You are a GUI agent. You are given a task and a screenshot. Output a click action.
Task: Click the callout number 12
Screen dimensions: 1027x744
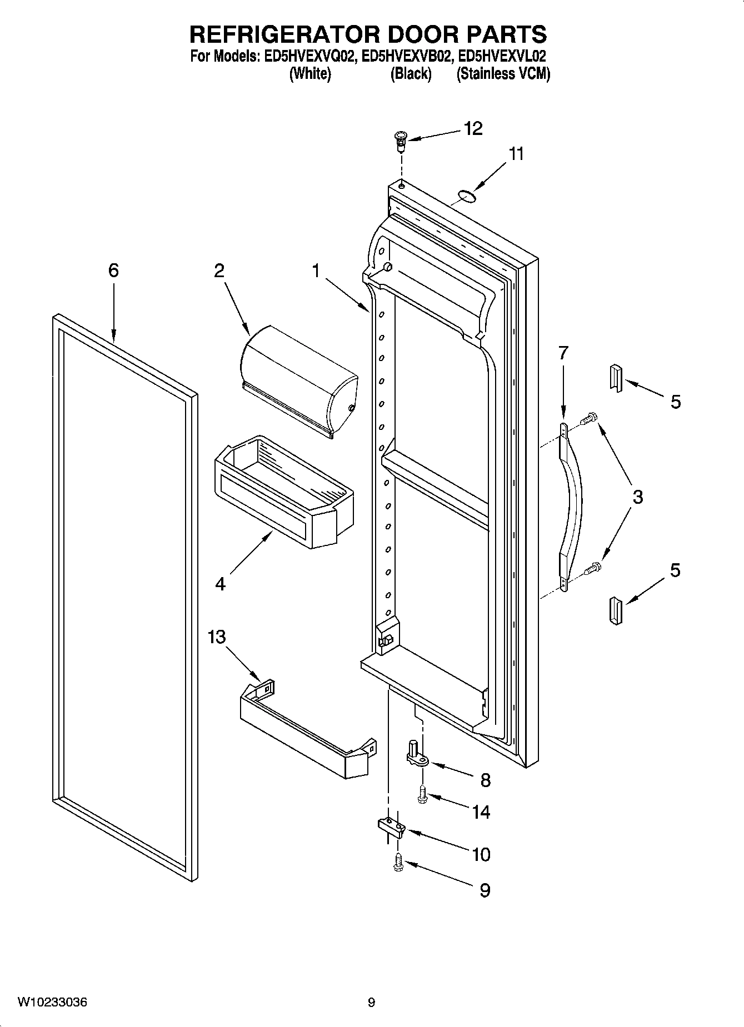click(473, 128)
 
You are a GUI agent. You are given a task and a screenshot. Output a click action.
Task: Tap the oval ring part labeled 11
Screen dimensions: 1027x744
click(467, 194)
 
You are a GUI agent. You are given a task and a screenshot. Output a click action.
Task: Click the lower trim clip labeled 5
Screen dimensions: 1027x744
click(616, 612)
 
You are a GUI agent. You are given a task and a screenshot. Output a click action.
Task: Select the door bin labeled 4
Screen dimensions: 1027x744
click(283, 489)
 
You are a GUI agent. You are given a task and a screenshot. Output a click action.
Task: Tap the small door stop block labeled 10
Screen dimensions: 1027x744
click(393, 827)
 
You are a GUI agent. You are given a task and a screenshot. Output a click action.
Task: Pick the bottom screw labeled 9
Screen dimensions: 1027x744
click(398, 863)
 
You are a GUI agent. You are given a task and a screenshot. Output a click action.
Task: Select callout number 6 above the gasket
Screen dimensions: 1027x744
click(113, 270)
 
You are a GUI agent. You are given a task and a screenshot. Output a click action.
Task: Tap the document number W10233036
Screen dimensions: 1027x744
click(52, 1002)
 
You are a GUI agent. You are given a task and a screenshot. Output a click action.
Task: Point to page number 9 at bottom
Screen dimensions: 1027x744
click(371, 1003)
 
